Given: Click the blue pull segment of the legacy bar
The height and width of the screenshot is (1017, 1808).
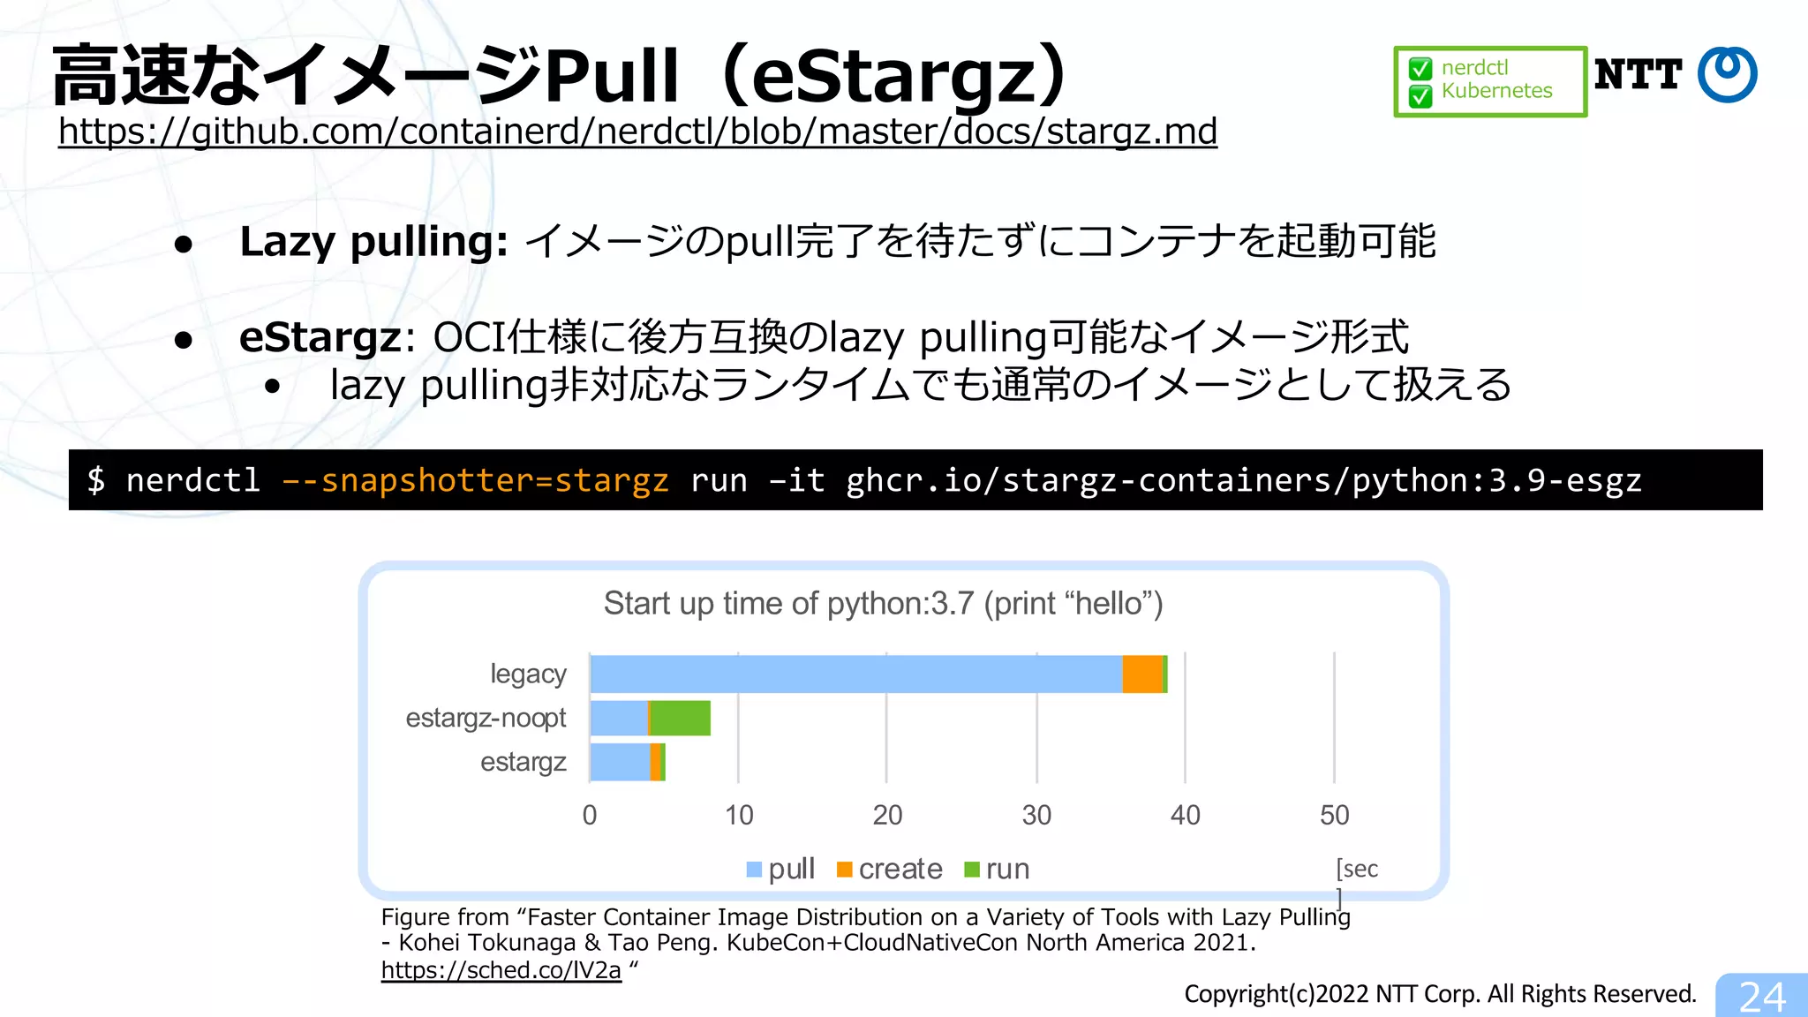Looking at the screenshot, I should coord(856,674).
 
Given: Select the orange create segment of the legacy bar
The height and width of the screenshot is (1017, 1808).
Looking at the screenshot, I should coord(1142,674).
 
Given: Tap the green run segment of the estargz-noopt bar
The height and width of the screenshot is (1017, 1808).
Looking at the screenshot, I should coord(681,719).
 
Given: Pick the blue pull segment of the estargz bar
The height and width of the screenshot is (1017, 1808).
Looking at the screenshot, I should coord(620,763).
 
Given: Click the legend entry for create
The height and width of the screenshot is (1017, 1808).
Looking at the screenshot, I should coord(890,870).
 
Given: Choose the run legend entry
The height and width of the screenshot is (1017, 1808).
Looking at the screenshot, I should coord(998,870).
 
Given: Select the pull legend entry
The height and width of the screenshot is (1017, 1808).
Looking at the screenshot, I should coord(781,870).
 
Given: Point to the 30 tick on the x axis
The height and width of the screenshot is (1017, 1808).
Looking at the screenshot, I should coord(1036,815).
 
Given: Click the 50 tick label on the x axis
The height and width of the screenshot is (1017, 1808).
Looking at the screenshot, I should coord(1334,815).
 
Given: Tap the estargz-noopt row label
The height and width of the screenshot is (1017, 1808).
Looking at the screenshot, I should coord(486,719).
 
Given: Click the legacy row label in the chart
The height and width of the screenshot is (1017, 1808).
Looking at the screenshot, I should coord(528,674).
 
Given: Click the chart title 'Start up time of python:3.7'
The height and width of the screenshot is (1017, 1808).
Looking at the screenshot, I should coord(883,604).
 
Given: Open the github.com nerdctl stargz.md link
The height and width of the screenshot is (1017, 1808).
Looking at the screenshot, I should coord(637,132).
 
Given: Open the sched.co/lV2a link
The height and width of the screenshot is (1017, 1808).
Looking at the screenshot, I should coord(501,970).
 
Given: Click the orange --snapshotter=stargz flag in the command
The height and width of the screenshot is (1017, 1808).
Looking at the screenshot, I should coord(476,480).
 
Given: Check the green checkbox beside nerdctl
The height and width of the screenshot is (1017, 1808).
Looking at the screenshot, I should coord(1420,69).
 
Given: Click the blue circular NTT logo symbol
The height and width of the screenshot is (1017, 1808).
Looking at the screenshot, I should coord(1728,74).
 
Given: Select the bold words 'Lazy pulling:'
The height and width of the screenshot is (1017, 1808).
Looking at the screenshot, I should coord(373,242).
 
